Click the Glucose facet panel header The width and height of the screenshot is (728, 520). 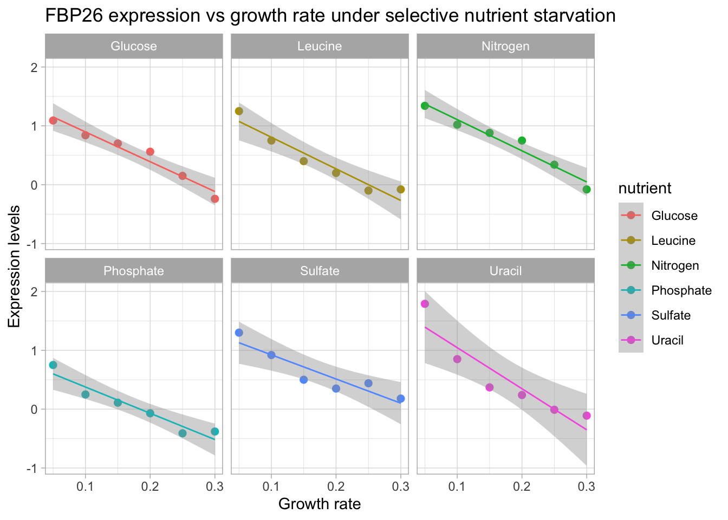tap(134, 46)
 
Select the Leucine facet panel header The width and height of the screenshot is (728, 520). tap(320, 46)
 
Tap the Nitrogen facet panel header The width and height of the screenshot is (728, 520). tap(505, 46)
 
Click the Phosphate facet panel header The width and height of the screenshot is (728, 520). tap(134, 271)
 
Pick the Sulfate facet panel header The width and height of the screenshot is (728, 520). tap(320, 271)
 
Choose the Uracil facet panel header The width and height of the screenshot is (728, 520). tap(505, 271)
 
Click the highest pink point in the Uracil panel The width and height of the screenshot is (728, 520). tap(425, 304)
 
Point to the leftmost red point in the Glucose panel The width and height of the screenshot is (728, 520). tap(53, 121)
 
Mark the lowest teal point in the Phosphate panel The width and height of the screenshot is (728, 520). tap(183, 433)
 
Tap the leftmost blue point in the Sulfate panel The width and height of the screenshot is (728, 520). tap(239, 333)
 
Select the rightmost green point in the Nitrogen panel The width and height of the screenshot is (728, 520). tap(587, 190)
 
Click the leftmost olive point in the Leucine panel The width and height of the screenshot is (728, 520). tap(239, 111)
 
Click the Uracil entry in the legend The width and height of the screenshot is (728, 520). tap(667, 341)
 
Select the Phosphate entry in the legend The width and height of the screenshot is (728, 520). tap(681, 291)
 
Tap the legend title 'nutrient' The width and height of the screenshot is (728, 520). tap(645, 188)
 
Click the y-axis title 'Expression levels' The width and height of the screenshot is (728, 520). tap(15, 266)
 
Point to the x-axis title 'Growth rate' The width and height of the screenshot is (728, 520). tap(320, 504)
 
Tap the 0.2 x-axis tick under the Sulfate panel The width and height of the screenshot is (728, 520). tap(336, 487)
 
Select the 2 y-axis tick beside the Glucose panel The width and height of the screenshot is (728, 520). tap(34, 67)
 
